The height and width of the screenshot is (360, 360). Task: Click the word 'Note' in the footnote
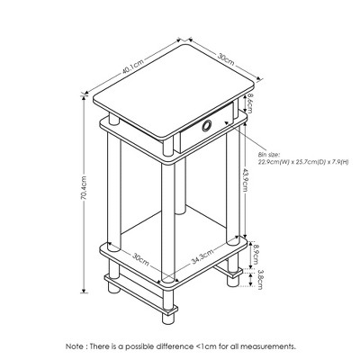[x=75, y=346]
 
